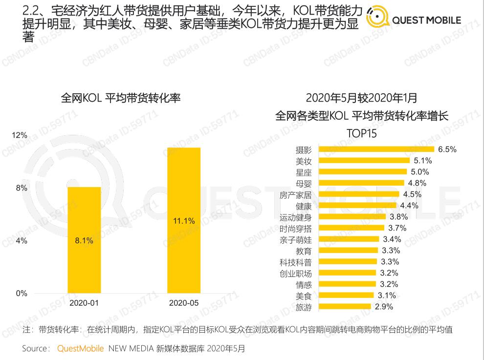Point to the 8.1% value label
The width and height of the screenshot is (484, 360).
(x=84, y=240)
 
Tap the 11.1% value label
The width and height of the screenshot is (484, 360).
(x=184, y=221)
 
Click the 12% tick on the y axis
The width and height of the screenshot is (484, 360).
(x=20, y=135)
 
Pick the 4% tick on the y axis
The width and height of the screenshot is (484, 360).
(x=21, y=241)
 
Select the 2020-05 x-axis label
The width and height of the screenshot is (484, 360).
(x=184, y=303)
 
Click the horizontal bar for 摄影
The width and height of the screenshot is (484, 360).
(x=376, y=149)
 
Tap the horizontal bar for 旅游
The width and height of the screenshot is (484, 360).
(x=344, y=307)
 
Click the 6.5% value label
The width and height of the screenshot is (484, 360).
(x=447, y=149)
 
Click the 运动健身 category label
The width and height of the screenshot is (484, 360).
(x=295, y=217)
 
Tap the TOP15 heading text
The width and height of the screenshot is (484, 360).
(x=362, y=133)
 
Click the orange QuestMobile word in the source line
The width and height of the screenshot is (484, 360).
(x=80, y=349)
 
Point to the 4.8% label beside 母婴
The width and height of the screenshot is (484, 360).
(x=417, y=183)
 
